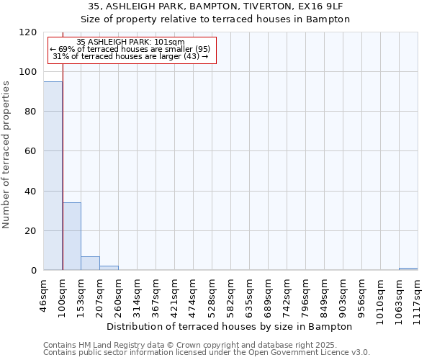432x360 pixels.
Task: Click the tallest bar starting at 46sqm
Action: [53, 176]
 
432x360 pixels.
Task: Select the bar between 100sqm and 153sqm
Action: [71, 236]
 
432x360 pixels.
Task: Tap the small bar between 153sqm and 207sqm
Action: [90, 264]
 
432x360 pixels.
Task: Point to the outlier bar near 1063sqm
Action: [408, 269]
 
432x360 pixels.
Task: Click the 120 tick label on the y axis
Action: [28, 32]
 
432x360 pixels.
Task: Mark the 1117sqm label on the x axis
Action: [418, 294]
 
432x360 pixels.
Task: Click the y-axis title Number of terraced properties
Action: [7, 154]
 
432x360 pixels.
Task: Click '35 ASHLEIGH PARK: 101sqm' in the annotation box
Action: [131, 42]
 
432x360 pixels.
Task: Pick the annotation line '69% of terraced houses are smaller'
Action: [131, 49]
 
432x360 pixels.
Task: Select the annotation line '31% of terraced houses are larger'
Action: [131, 56]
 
